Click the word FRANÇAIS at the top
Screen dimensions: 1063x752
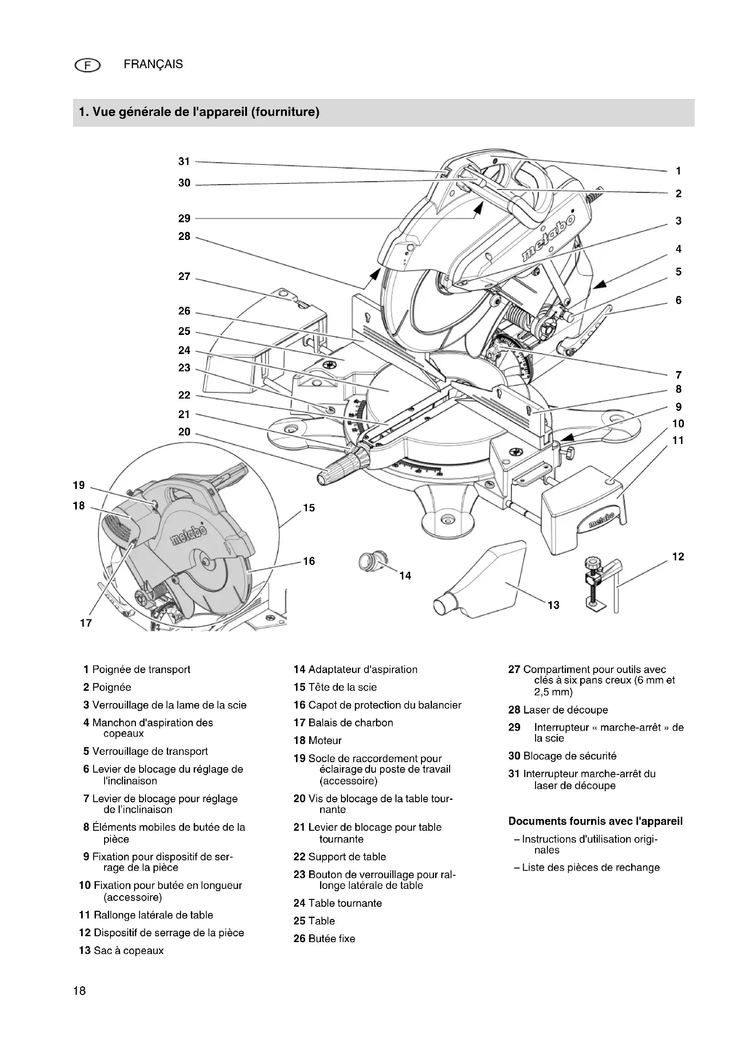(153, 65)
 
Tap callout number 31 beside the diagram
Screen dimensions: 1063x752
(184, 162)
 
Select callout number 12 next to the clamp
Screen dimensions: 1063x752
(678, 557)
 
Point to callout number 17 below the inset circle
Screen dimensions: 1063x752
(85, 623)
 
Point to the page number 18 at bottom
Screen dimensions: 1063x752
(80, 991)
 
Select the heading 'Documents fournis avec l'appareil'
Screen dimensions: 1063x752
(595, 821)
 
